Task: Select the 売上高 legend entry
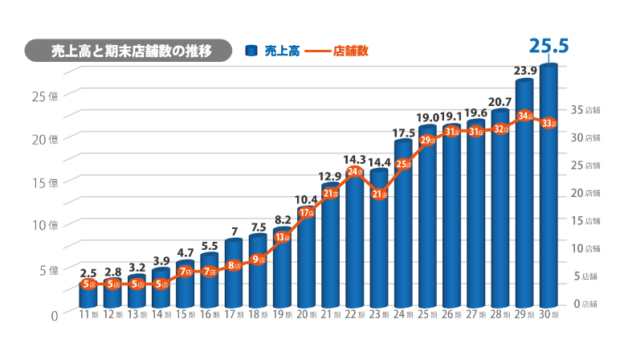(273, 51)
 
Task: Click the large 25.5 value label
(549, 47)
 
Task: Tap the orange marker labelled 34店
(525, 117)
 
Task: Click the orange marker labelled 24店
(355, 172)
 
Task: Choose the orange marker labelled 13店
(283, 237)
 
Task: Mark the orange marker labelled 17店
(307, 213)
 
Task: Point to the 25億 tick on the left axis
(45, 96)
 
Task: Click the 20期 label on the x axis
(308, 314)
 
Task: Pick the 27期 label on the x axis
(476, 314)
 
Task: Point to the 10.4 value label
(307, 199)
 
